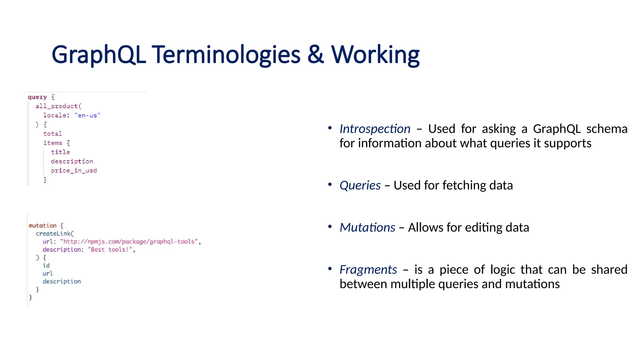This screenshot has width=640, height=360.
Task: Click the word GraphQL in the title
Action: (x=99, y=55)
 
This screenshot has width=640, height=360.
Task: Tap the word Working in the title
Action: (x=375, y=55)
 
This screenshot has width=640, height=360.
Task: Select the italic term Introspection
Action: (x=375, y=129)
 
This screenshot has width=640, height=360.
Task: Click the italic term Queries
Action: (x=360, y=186)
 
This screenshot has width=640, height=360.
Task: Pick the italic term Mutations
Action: (x=367, y=228)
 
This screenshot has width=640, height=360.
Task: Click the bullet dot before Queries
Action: (x=330, y=185)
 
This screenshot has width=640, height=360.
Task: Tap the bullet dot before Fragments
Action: (x=330, y=269)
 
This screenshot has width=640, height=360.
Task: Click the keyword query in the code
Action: (x=37, y=97)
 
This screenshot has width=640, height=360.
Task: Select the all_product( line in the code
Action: (x=58, y=106)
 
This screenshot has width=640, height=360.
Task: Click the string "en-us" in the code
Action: (x=87, y=116)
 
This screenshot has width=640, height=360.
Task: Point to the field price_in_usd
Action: (x=74, y=171)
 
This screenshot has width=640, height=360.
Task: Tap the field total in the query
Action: (x=52, y=134)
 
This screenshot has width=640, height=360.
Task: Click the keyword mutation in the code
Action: (x=42, y=226)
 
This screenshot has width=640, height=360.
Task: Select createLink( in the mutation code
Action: (x=55, y=234)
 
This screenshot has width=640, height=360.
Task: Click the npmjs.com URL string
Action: (x=129, y=242)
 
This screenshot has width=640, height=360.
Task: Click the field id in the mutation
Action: (x=46, y=266)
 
